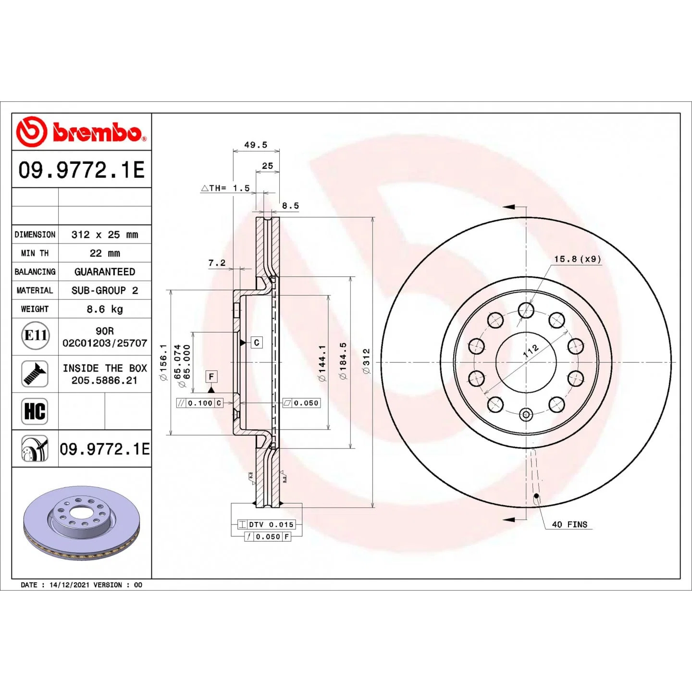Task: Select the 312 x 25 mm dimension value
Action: (104, 235)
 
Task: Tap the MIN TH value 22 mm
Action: (104, 253)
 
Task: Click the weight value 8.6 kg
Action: (104, 309)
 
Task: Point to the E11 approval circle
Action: (35, 335)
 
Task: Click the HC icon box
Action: (35, 411)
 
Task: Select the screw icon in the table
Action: (35, 374)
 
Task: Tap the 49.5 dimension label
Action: (256, 145)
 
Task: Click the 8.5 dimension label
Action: (290, 205)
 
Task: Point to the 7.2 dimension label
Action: (217, 263)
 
